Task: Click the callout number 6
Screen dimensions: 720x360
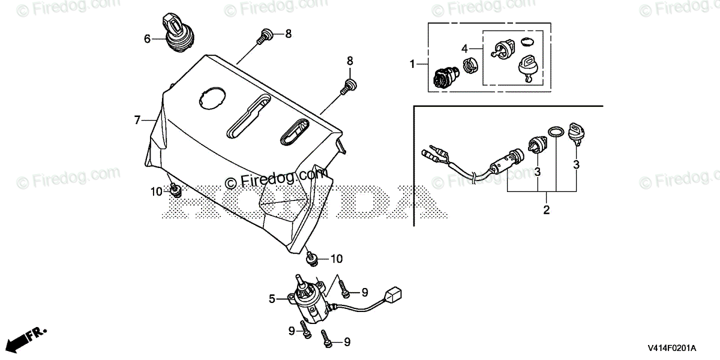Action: [147, 40]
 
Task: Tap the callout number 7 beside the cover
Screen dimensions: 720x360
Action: [137, 121]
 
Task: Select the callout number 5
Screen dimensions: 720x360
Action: [272, 298]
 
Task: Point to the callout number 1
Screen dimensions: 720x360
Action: [412, 62]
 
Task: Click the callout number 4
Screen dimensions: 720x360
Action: [464, 48]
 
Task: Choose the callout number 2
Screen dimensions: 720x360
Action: [547, 210]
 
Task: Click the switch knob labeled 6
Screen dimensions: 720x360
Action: [175, 35]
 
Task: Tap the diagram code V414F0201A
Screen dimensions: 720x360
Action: [671, 349]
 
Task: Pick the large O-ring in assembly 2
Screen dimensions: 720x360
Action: [556, 131]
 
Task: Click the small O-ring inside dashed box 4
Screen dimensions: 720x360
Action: [527, 41]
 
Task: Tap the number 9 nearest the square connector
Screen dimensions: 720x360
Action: [364, 292]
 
